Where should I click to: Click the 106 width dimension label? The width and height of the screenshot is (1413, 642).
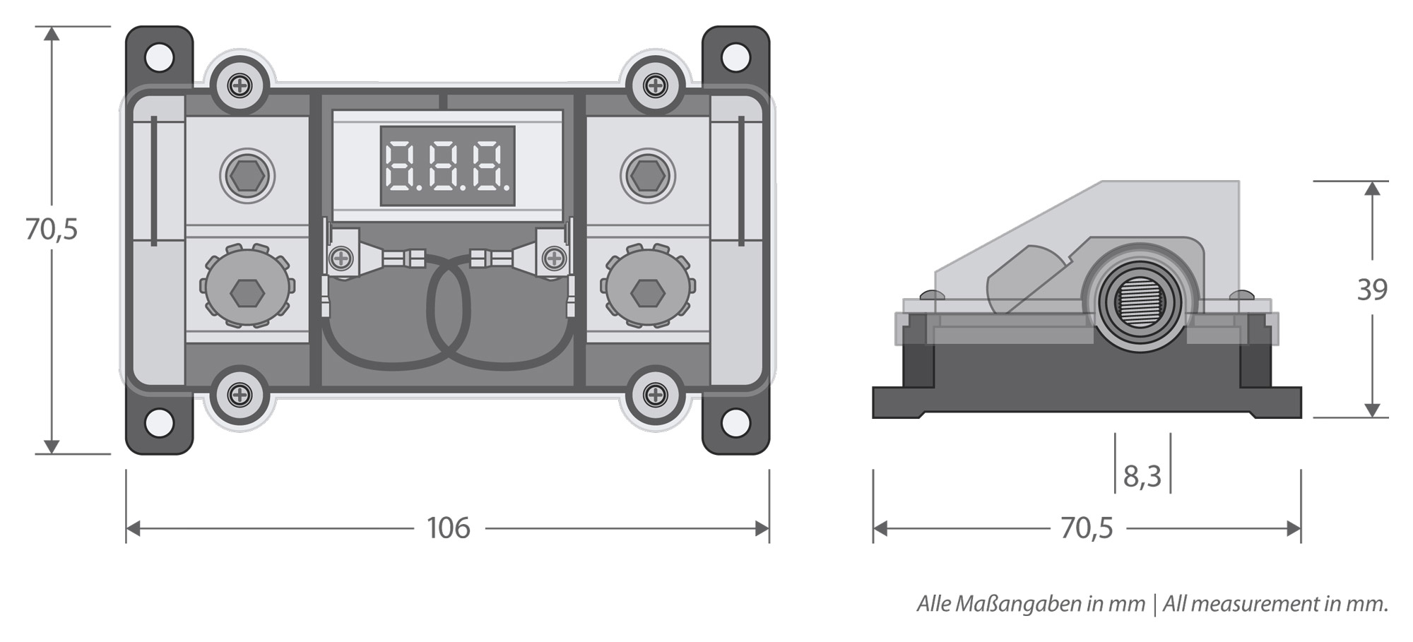point(449,528)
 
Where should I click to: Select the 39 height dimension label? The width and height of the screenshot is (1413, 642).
point(1372,290)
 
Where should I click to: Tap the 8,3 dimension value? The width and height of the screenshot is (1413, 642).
point(1142,477)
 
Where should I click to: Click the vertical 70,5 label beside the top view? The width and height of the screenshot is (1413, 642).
point(51,229)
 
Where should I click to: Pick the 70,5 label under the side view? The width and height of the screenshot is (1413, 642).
point(1087,528)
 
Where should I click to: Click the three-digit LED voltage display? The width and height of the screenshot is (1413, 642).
point(447,167)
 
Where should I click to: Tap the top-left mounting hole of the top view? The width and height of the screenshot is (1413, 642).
point(160,58)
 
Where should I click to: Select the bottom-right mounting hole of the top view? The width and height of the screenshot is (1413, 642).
point(735,424)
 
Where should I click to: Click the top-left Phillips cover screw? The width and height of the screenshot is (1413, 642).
point(241,86)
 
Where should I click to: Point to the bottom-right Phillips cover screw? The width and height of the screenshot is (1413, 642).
point(656,394)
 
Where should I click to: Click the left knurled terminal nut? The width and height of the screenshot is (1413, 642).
point(247,287)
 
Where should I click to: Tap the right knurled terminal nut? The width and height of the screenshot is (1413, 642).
point(647,287)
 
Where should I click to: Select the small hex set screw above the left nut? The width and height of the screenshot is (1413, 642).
point(247,174)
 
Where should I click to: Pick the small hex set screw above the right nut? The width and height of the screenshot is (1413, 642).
point(647,174)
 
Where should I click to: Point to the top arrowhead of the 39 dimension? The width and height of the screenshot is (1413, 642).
point(1372,189)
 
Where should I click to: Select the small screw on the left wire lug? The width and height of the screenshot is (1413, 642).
point(342,258)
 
